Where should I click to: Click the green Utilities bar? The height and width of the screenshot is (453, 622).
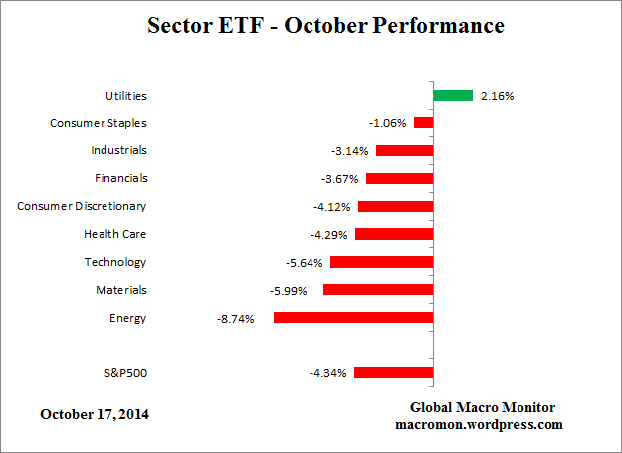pos(453,96)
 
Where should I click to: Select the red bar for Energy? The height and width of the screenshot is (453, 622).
pos(353,318)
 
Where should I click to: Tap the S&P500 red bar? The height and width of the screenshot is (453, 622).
pos(393,373)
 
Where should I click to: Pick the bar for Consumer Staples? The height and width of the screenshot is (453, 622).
pos(424,123)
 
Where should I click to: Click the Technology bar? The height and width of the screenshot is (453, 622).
pos(382,262)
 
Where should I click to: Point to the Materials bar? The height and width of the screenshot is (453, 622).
pos(378,290)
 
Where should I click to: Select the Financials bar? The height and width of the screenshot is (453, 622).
pos(400,179)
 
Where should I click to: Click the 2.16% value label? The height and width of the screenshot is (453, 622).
pos(497,97)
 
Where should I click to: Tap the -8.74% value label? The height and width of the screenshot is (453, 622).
pos(235,319)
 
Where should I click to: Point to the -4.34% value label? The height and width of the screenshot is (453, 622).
pos(327,374)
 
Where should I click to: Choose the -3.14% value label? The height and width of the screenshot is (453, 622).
pos(349,151)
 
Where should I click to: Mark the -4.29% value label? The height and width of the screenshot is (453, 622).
pos(328,235)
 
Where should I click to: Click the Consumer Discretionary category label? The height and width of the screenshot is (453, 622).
pos(82,206)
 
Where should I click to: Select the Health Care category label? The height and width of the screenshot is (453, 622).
pos(114,234)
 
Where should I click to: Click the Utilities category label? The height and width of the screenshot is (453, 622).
pos(126,96)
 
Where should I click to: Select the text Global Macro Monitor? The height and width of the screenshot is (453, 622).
pos(483,408)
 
